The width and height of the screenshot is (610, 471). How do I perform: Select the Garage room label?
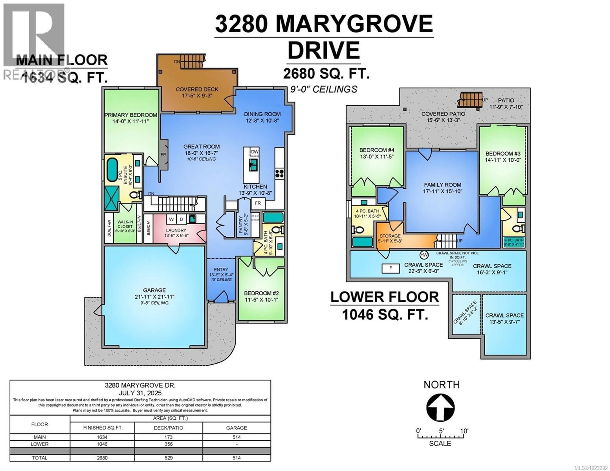(x=154, y=290)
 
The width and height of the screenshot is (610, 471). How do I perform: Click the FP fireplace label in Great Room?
(x=163, y=155)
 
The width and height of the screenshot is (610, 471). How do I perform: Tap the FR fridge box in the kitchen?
(x=258, y=203)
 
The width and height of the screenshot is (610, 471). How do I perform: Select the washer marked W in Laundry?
(x=171, y=219)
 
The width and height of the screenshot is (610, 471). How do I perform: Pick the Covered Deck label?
(x=197, y=89)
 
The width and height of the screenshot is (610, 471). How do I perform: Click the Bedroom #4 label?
(x=376, y=150)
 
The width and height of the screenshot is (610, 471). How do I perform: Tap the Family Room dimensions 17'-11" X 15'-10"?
(x=442, y=191)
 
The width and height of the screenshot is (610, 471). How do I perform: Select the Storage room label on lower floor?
(x=390, y=236)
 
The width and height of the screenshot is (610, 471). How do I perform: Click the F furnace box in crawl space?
(x=390, y=268)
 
